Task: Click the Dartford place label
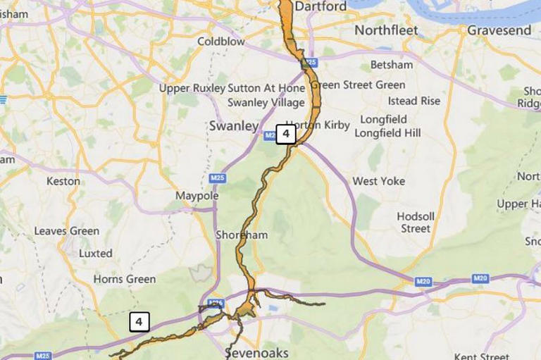[x=321, y=6]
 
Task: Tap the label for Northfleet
[x=386, y=30]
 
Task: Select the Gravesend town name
[x=499, y=30]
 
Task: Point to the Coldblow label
[x=221, y=42]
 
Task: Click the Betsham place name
[x=391, y=65]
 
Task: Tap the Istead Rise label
[x=414, y=101]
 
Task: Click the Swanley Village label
[x=266, y=102]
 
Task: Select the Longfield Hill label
[x=387, y=132]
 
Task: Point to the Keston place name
[x=63, y=181]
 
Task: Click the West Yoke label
[x=379, y=181]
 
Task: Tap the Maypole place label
[x=197, y=195]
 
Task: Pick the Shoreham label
[x=242, y=235]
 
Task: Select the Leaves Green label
[x=67, y=231]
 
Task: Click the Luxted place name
[x=96, y=253]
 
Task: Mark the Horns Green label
[x=125, y=279]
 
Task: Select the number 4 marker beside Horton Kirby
[x=285, y=134]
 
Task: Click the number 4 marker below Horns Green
[x=139, y=322]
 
